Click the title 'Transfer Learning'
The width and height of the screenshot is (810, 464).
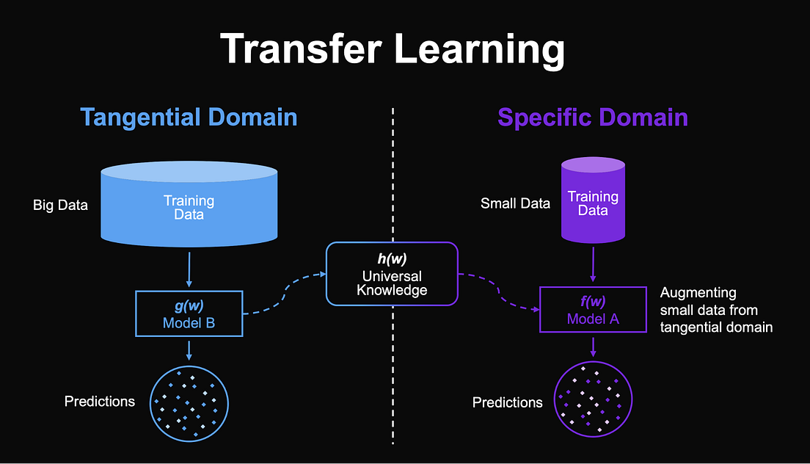click(x=393, y=51)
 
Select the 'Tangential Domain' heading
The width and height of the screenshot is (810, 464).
click(x=189, y=117)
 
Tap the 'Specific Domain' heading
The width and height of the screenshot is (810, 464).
click(x=593, y=117)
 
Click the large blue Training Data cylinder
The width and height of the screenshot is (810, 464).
click(x=189, y=206)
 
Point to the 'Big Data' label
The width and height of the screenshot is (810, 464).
click(x=60, y=205)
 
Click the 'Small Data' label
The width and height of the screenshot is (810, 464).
click(x=515, y=203)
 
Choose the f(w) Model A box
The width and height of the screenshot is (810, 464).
click(x=593, y=309)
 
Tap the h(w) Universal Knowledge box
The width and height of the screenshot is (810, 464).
click(x=392, y=274)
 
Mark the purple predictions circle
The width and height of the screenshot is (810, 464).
click(x=593, y=402)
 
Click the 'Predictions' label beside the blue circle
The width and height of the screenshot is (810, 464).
click(x=100, y=402)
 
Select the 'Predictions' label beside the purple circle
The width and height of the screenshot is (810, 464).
click(x=508, y=402)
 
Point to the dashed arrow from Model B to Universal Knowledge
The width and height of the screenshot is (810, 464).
click(x=282, y=294)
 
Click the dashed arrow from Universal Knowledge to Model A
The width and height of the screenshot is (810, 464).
click(x=499, y=290)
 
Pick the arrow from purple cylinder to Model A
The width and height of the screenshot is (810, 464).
click(x=593, y=263)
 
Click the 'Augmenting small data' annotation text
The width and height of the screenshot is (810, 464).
click(x=716, y=310)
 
